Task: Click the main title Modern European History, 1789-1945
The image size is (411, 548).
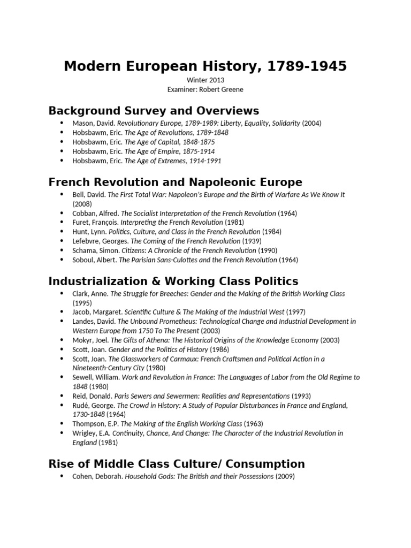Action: pos(205,66)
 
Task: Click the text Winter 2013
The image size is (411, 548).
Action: pos(205,80)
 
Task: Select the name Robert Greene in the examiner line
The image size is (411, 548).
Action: pos(220,89)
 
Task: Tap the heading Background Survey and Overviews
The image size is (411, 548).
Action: pos(154,111)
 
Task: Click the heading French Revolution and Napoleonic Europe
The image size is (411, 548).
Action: pos(175,182)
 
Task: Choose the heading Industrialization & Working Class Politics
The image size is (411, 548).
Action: pos(173,281)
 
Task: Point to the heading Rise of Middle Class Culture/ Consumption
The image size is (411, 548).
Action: pos(177,463)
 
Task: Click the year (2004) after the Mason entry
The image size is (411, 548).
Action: pos(312,123)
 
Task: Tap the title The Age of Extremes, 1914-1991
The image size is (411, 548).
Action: pos(173,161)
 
